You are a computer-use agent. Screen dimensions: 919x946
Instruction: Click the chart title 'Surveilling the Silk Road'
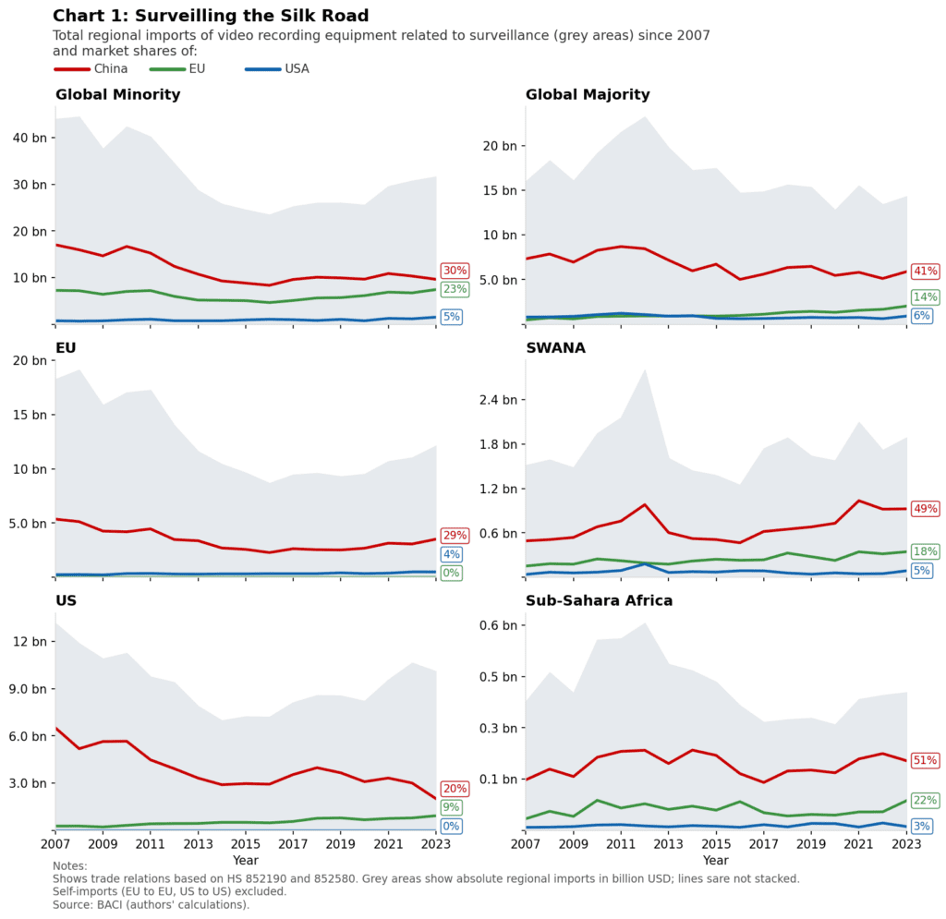point(211,16)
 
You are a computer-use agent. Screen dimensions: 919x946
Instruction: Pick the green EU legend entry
point(177,69)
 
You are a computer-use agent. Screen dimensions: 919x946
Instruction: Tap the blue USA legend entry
point(277,69)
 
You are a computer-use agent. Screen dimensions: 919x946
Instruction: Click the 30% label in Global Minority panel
point(455,271)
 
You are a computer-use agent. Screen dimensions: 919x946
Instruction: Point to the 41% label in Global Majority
point(925,271)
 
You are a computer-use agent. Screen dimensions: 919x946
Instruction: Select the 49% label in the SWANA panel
point(925,508)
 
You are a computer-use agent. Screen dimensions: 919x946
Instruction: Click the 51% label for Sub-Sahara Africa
point(925,760)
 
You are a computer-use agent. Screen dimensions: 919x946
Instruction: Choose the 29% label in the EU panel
point(455,536)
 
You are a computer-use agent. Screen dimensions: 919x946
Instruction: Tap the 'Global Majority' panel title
point(588,95)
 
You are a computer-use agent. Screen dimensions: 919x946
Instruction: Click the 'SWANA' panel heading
point(555,348)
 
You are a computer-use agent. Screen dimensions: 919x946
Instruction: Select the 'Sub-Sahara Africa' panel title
point(599,601)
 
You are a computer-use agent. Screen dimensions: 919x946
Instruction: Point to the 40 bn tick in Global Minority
point(27,139)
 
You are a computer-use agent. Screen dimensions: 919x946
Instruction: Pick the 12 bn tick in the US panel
point(27,642)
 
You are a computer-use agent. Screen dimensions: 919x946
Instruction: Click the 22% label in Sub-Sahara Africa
point(925,800)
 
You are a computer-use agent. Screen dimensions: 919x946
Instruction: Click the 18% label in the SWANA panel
point(925,551)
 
